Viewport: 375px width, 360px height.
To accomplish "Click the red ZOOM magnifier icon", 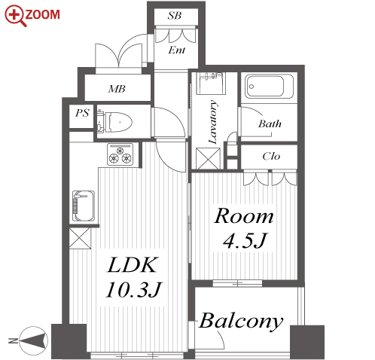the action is (15, 16).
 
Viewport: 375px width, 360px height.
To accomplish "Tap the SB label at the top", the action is (174, 16).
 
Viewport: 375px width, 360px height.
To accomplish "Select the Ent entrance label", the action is (177, 50).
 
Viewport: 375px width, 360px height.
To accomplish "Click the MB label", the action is (117, 89).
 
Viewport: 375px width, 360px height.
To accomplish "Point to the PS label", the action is (82, 113).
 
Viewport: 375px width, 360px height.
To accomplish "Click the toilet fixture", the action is (114, 122).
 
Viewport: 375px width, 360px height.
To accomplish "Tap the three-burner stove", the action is (120, 154).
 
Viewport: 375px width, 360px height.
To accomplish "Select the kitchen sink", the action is (84, 206).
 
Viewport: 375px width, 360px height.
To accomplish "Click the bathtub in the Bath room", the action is (269, 86).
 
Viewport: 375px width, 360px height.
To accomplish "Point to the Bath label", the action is (270, 124).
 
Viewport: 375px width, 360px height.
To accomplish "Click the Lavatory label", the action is (212, 122).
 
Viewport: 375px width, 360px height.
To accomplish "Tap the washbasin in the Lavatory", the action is (211, 83).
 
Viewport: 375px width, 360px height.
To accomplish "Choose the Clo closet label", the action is (271, 157).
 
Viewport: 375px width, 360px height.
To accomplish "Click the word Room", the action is (244, 216).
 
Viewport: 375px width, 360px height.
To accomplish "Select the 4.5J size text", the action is (244, 241).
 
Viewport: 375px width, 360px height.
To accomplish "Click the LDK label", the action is (132, 265).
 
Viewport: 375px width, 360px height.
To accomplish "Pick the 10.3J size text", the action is (133, 290).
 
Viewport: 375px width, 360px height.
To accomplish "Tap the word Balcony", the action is (241, 321).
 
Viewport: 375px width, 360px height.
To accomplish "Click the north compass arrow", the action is (33, 340).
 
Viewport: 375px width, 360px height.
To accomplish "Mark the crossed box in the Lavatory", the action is (208, 158).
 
